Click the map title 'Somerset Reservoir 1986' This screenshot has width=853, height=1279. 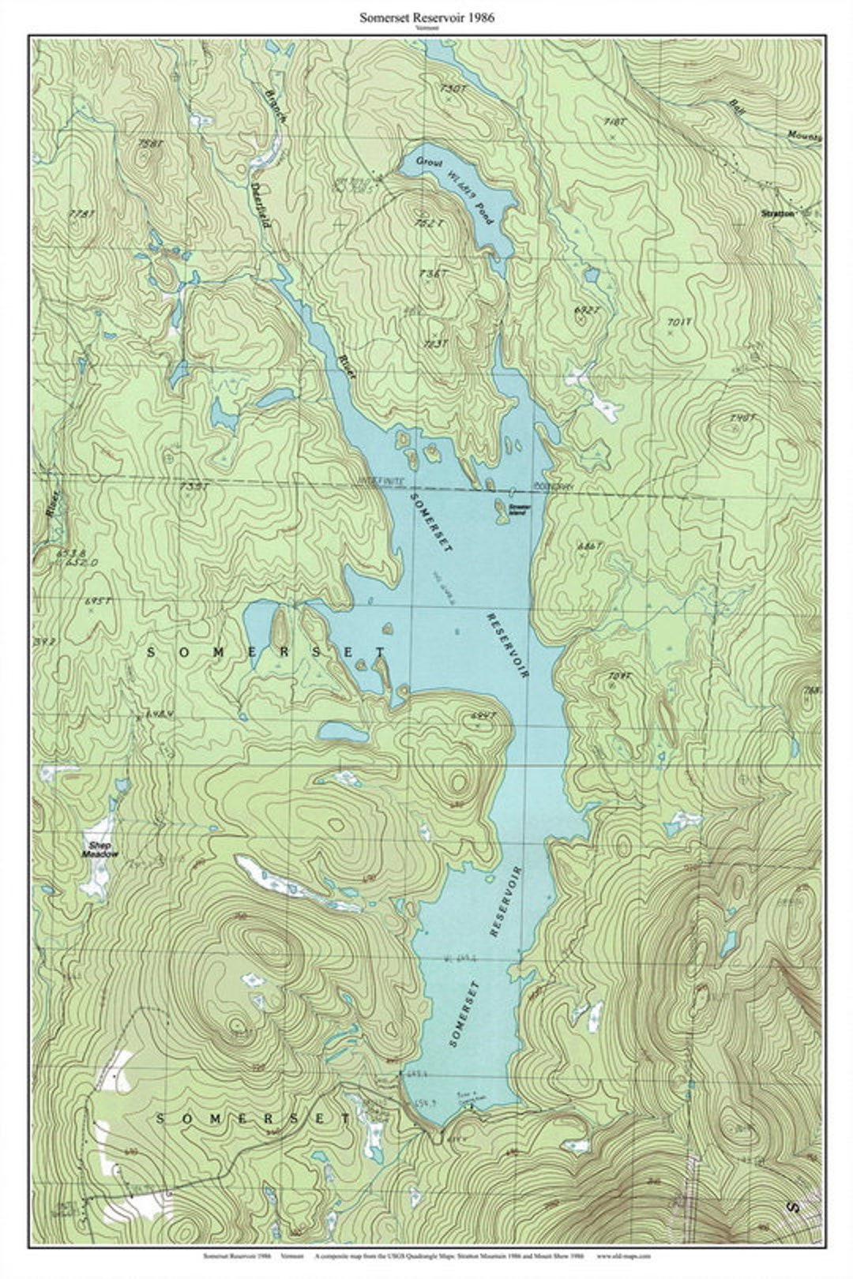[426, 17]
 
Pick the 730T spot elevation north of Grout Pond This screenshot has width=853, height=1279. [453, 88]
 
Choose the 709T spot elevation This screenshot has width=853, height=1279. [621, 676]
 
